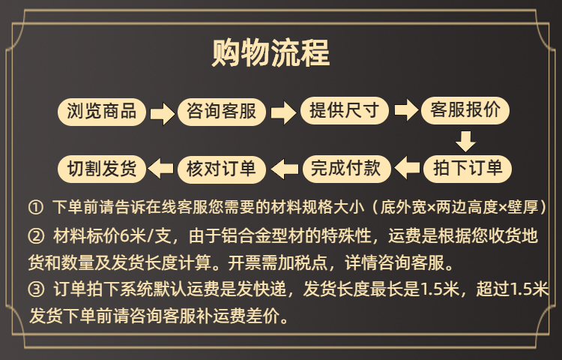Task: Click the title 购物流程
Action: [x=271, y=55]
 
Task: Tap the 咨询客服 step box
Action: [x=222, y=112]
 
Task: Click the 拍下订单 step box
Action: [x=467, y=167]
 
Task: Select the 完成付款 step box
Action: [x=344, y=167]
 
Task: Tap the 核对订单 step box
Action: [x=222, y=167]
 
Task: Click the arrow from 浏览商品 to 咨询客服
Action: [x=161, y=113]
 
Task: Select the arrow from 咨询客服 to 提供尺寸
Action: [x=282, y=113]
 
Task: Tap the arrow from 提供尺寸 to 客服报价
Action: [x=405, y=111]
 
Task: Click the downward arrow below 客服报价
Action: [x=466, y=140]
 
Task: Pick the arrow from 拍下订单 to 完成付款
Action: [x=407, y=167]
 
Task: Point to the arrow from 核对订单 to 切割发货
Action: [x=161, y=167]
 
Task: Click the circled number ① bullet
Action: [x=37, y=207]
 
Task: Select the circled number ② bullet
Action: [x=37, y=237]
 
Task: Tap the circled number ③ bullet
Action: [x=37, y=289]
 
